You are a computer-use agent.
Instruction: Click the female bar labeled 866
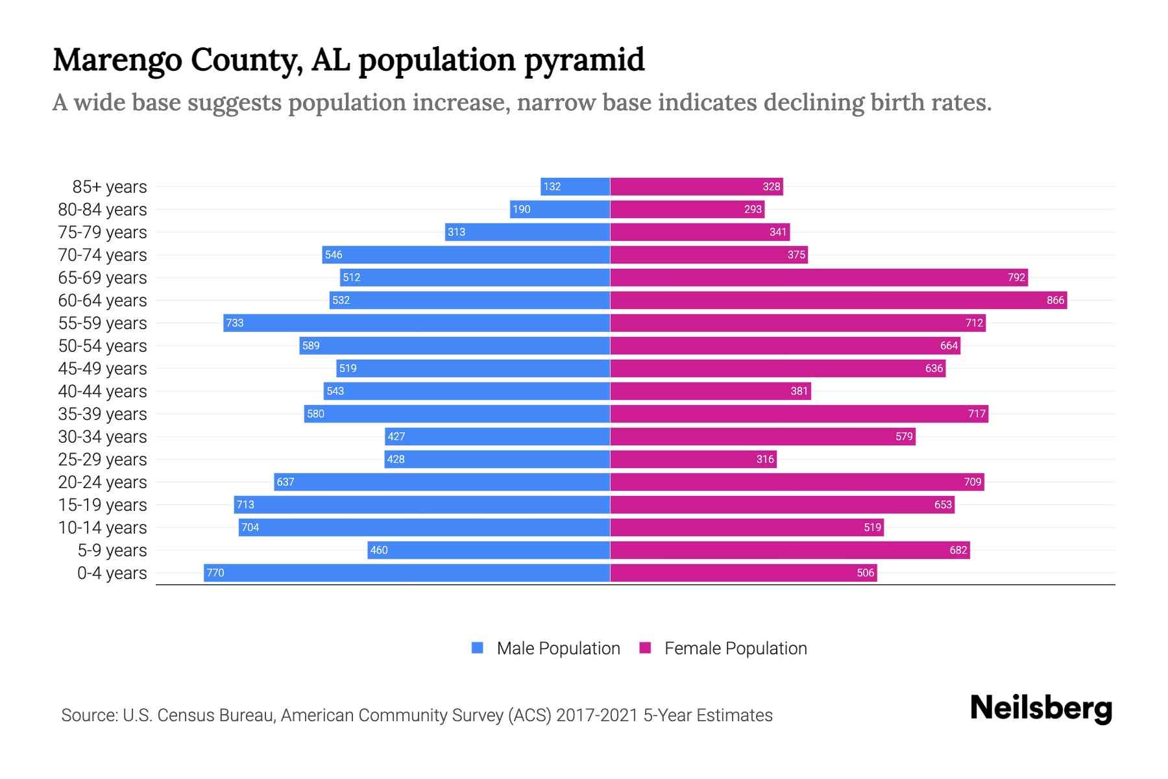point(837,300)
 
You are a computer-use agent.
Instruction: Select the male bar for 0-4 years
point(407,573)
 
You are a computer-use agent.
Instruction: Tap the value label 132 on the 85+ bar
point(552,187)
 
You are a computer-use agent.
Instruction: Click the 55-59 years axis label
point(103,323)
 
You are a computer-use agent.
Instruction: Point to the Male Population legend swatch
point(478,648)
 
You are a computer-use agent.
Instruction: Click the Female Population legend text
point(735,649)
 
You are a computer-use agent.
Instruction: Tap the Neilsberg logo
point(1041,708)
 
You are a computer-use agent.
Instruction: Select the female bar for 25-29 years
point(693,459)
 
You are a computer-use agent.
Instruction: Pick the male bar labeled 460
point(488,550)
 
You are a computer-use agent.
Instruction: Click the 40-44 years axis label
point(103,391)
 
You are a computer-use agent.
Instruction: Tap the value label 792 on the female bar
point(1016,278)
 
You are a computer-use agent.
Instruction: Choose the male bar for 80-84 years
point(559,209)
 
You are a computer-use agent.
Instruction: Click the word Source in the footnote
point(89,715)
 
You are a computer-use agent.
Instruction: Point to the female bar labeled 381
point(710,391)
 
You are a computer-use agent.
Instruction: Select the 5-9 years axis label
point(112,550)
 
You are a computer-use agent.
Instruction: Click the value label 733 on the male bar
point(235,323)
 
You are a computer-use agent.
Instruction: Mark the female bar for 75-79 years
point(700,232)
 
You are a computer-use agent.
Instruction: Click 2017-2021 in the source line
point(597,715)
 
